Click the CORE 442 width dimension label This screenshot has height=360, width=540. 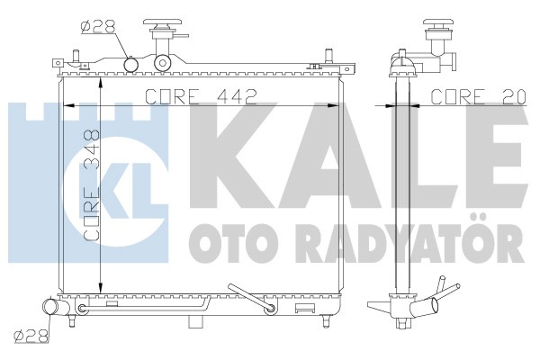201,96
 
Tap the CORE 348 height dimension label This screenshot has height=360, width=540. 92,185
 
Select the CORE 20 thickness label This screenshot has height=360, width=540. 479,96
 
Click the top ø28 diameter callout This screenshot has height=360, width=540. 98,27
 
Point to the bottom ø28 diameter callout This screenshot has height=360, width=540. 31,336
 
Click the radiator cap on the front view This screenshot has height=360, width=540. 164,25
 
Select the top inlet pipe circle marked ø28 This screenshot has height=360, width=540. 130,64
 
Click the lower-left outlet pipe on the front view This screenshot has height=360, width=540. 54,306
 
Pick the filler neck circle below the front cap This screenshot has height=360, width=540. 163,62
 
